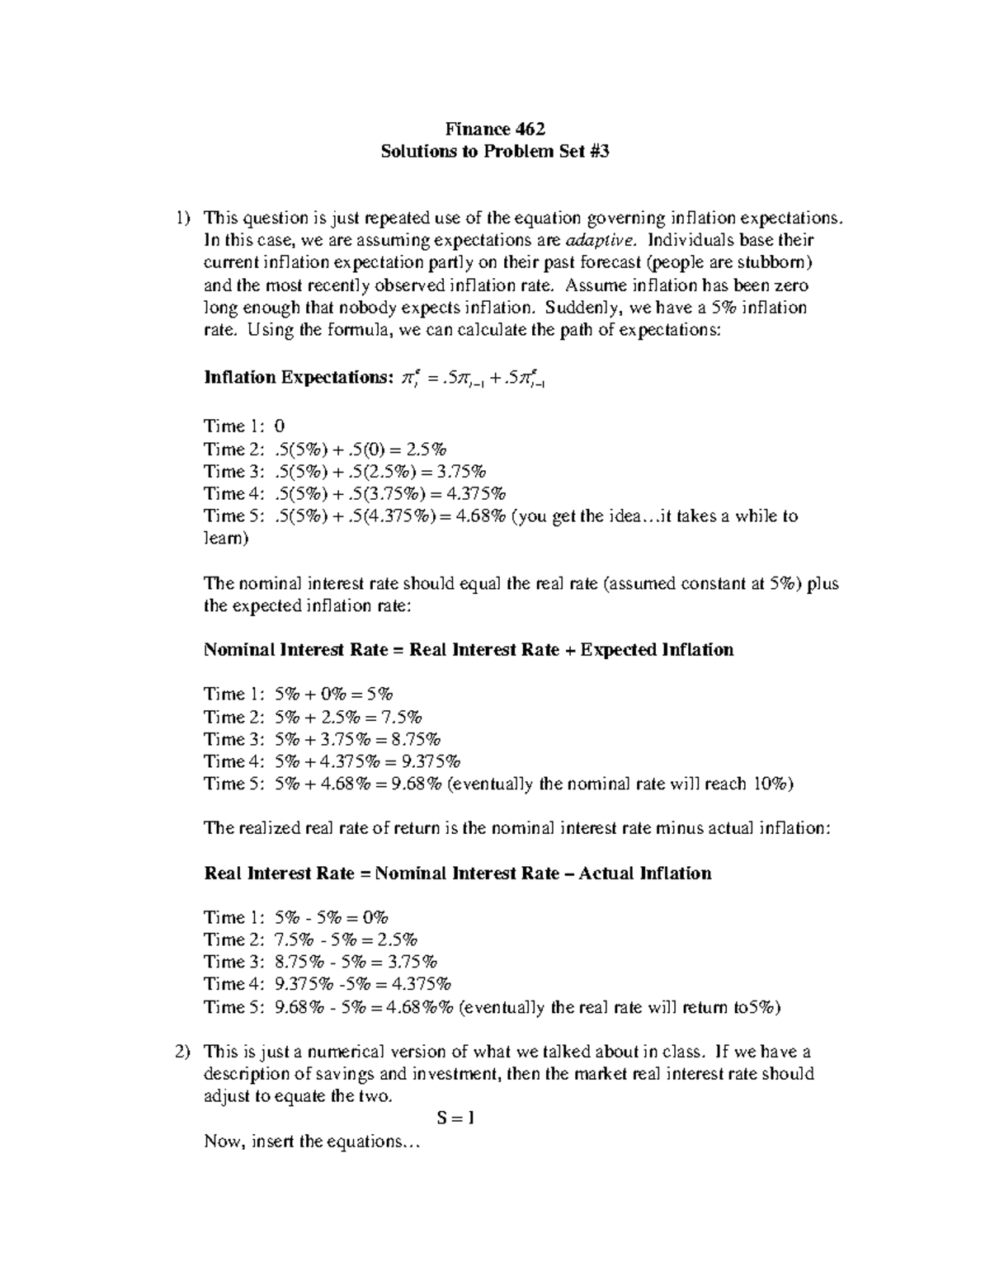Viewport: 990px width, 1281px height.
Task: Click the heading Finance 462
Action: click(495, 129)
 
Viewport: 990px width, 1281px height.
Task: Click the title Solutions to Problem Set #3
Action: click(495, 152)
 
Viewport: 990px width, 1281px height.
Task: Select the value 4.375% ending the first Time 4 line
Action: click(474, 494)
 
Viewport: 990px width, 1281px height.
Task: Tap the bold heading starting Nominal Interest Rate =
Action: click(468, 650)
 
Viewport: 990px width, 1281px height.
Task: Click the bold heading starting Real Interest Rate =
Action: click(457, 874)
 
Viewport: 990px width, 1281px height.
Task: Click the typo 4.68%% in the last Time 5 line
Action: click(420, 1007)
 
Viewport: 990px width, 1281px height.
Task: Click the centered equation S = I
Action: click(455, 1119)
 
